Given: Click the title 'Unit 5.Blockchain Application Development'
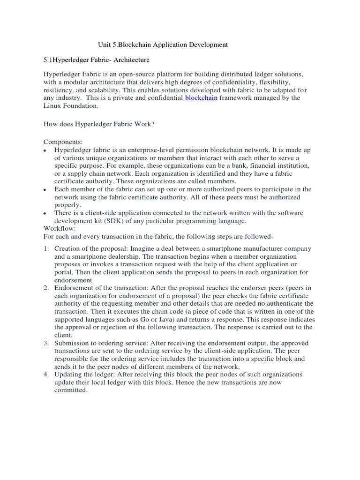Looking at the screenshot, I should click(163, 45).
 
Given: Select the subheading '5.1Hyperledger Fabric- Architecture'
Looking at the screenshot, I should click(97, 60).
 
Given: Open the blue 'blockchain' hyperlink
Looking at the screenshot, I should click(201, 98).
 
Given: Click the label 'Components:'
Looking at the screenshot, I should click(63, 142).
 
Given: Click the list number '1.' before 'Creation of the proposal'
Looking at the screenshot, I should click(47, 248).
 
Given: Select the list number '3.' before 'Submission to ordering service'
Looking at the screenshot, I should click(47, 343).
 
